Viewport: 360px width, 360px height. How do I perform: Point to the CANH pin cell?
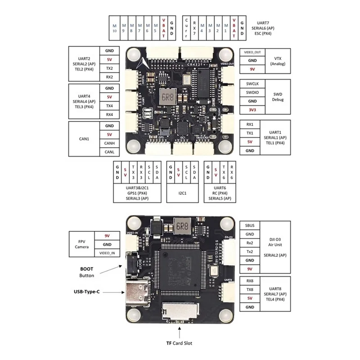tap(109, 143)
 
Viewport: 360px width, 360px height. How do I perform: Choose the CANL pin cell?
tap(109, 152)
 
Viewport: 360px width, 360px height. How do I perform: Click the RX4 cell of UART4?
tap(109, 114)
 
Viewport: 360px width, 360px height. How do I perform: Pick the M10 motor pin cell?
tap(114, 28)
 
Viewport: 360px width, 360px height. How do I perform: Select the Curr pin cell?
tap(186, 28)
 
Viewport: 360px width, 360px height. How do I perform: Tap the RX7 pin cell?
tap(194, 28)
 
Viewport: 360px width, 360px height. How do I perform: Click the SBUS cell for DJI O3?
tap(250, 225)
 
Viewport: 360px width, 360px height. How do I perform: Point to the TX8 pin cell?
tap(250, 289)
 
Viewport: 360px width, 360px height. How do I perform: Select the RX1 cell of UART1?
tap(250, 124)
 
